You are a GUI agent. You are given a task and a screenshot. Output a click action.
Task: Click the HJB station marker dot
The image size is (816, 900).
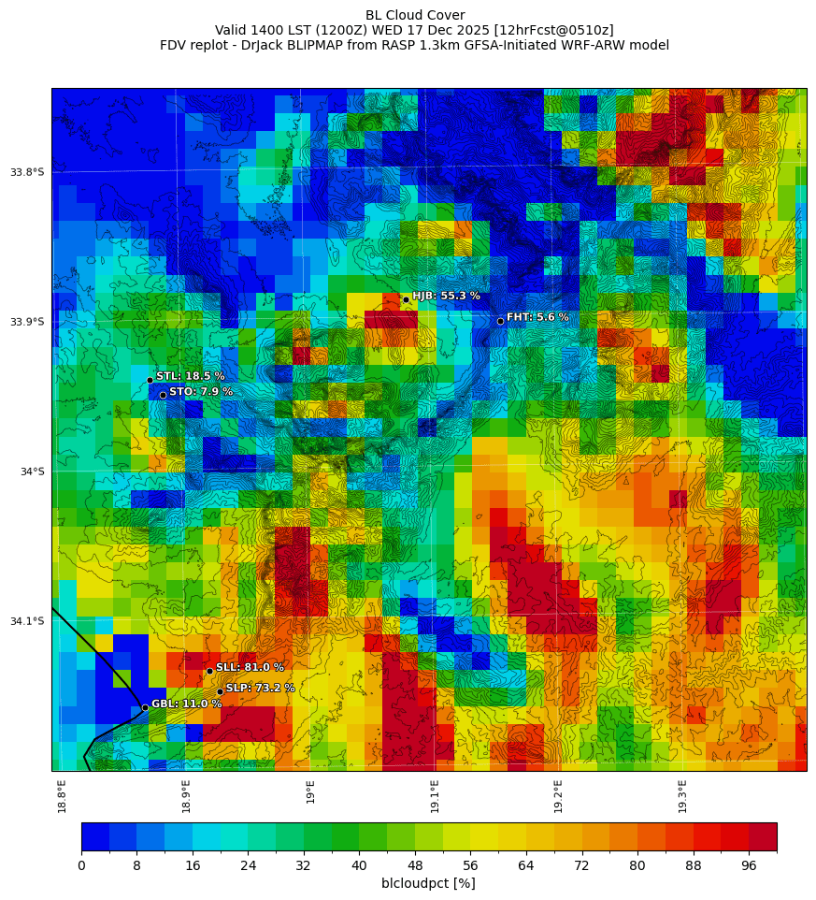[x=406, y=299]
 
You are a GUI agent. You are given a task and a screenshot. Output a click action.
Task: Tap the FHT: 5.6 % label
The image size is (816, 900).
[x=537, y=317]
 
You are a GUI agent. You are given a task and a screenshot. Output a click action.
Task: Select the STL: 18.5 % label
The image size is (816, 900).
[x=190, y=376]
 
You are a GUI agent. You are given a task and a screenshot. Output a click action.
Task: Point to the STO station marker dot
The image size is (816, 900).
[x=163, y=395]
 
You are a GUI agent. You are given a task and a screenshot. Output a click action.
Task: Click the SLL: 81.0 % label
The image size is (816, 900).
[x=250, y=667]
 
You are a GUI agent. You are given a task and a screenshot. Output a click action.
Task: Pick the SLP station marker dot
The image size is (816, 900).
[x=220, y=691]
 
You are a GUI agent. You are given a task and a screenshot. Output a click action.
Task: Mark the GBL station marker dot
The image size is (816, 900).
[x=145, y=707]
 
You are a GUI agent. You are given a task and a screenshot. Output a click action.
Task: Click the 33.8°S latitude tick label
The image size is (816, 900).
[x=27, y=172]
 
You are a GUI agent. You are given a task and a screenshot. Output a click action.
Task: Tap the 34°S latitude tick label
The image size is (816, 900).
[x=32, y=472]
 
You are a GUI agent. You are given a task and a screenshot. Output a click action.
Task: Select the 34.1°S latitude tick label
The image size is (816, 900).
[x=27, y=621]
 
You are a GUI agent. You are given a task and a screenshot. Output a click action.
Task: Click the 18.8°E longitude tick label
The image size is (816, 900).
[x=63, y=795]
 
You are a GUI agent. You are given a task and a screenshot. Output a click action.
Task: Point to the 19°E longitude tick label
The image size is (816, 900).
[x=310, y=791]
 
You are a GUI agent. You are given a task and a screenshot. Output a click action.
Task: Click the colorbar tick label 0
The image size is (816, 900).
[x=81, y=865]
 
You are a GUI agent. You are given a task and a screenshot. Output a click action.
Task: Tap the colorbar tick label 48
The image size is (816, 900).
[x=415, y=865]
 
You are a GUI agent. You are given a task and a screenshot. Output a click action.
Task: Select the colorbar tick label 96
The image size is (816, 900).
[x=749, y=865]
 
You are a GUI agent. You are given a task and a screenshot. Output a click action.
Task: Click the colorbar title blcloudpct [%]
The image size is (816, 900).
[x=428, y=883]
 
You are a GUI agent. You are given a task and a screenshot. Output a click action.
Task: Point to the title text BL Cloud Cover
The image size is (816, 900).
[x=415, y=15]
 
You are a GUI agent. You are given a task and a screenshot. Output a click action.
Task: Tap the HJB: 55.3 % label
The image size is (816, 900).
[x=446, y=296]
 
